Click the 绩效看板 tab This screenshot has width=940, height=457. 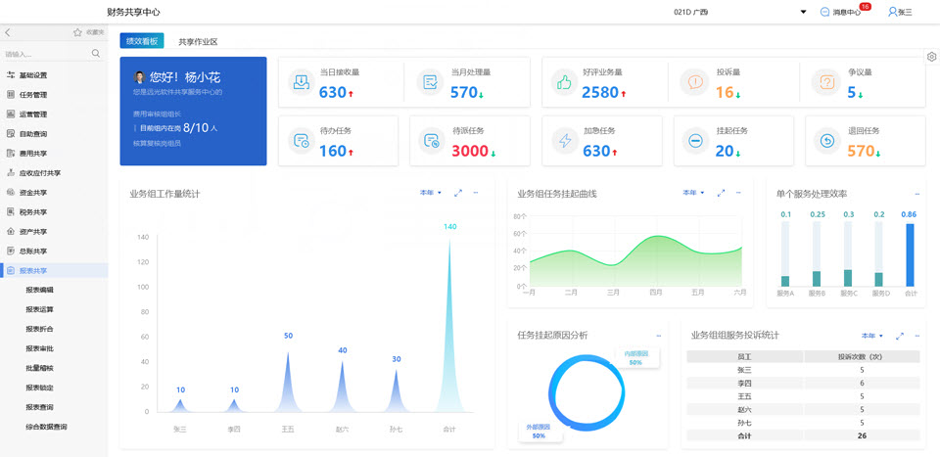click(x=142, y=41)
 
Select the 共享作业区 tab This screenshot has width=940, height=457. click(x=198, y=42)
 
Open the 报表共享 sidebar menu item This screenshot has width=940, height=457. click(x=33, y=270)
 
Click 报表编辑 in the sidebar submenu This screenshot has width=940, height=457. click(x=40, y=290)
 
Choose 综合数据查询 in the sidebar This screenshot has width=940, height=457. click(x=47, y=427)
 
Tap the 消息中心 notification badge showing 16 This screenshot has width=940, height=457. click(x=865, y=7)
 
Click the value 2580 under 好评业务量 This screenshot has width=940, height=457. click(x=600, y=93)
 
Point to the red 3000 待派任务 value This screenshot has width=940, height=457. click(x=470, y=151)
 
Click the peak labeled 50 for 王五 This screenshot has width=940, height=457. click(x=288, y=336)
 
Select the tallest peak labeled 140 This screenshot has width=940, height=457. click(x=449, y=227)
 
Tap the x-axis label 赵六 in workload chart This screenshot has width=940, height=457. click(x=342, y=429)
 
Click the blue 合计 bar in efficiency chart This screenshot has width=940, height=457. click(x=910, y=254)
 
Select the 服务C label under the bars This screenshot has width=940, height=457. click(x=848, y=293)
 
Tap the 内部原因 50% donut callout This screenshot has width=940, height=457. click(x=636, y=357)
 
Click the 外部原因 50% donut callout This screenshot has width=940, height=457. click(x=538, y=431)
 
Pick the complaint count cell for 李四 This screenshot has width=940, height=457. click(x=861, y=383)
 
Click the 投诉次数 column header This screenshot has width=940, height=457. click(x=861, y=357)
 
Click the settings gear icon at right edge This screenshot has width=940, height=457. click(x=931, y=57)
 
